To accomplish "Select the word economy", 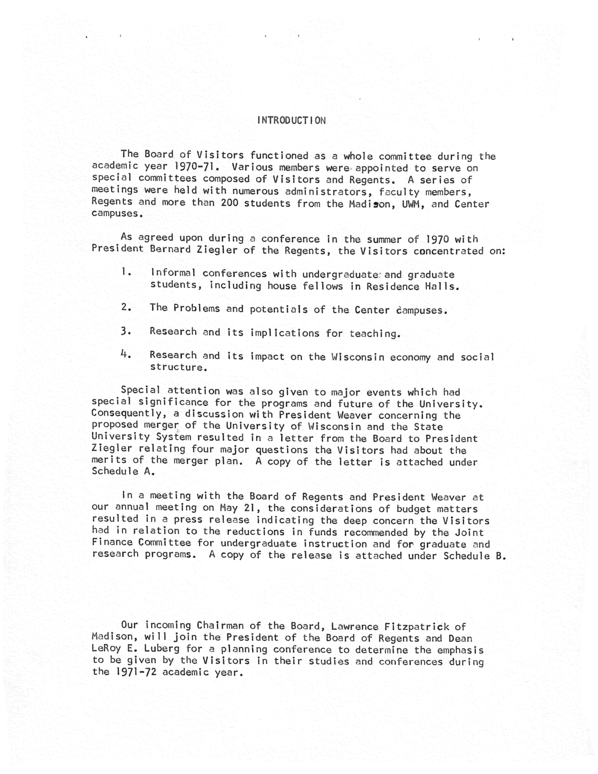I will point(410,357).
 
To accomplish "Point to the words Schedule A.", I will point(123,471).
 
